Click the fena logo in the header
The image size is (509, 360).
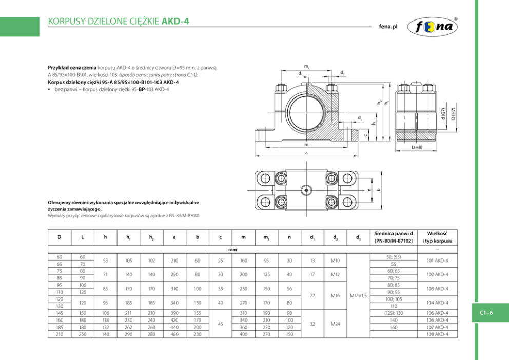(x=432, y=27)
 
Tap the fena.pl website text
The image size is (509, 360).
(x=388, y=27)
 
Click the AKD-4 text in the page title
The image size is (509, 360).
(x=175, y=22)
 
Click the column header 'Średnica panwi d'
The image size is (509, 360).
(x=394, y=233)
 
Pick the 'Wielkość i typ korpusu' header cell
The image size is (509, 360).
(x=437, y=237)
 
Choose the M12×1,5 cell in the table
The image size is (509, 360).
(x=358, y=295)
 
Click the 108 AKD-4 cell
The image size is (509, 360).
(x=437, y=334)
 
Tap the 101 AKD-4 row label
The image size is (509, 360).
(x=437, y=261)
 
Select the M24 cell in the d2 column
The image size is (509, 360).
(x=336, y=324)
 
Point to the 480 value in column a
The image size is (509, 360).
(x=174, y=334)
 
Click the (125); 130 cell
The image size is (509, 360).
(x=394, y=313)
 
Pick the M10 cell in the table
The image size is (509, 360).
(x=336, y=261)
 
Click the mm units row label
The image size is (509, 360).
(x=232, y=250)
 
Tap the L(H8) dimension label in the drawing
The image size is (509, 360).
(x=417, y=147)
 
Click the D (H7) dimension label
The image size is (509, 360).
(x=453, y=113)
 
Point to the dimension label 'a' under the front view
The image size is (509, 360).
(x=306, y=153)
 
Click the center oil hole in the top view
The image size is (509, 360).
(x=306, y=190)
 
